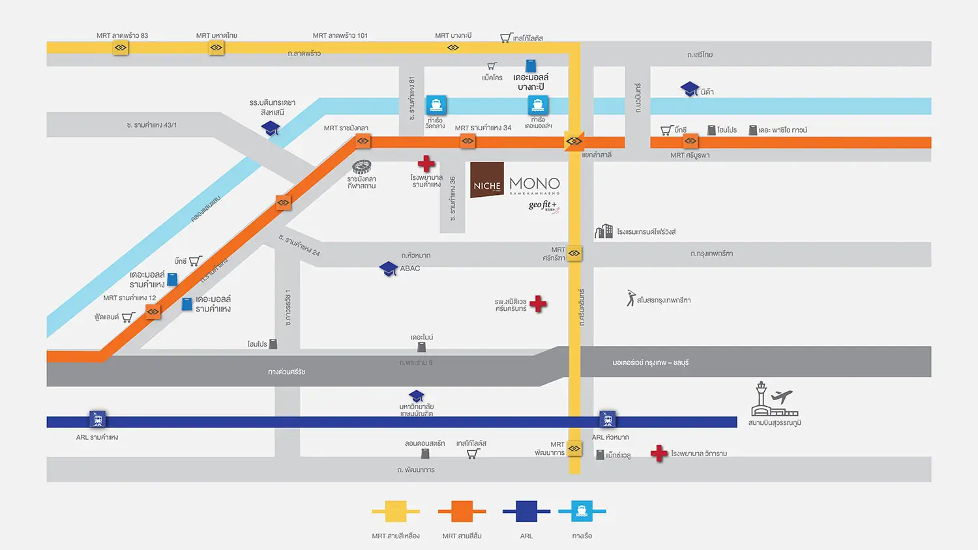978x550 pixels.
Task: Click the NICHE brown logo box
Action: tap(487, 180)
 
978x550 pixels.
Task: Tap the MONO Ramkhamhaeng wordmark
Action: tap(535, 185)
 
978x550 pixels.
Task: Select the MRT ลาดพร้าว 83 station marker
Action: tap(121, 48)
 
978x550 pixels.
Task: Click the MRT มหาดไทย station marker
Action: tap(216, 48)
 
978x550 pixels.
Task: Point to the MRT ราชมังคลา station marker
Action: tap(363, 141)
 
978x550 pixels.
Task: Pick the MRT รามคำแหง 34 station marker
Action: tap(467, 141)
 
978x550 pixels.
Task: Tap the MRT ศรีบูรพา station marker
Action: tap(690, 141)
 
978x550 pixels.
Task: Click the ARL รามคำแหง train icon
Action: tap(98, 418)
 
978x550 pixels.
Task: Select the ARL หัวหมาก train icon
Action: tap(608, 418)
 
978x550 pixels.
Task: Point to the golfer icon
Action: tap(630, 298)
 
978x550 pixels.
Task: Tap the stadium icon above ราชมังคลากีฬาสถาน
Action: tap(362, 167)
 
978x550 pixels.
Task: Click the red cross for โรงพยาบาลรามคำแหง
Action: tap(426, 164)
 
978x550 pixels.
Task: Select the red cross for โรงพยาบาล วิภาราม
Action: tap(659, 453)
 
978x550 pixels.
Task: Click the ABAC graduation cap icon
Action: tap(389, 268)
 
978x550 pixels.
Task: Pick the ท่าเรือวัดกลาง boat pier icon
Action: tap(436, 105)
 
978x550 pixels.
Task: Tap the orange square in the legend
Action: tap(462, 512)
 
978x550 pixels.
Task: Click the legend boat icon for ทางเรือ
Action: tap(582, 512)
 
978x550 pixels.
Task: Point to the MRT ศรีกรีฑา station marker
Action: tap(574, 253)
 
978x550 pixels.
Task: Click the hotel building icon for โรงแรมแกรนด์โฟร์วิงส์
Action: tap(604, 231)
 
